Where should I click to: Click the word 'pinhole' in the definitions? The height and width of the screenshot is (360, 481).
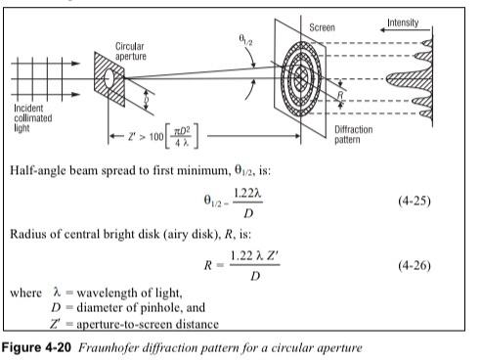point(166,311)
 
